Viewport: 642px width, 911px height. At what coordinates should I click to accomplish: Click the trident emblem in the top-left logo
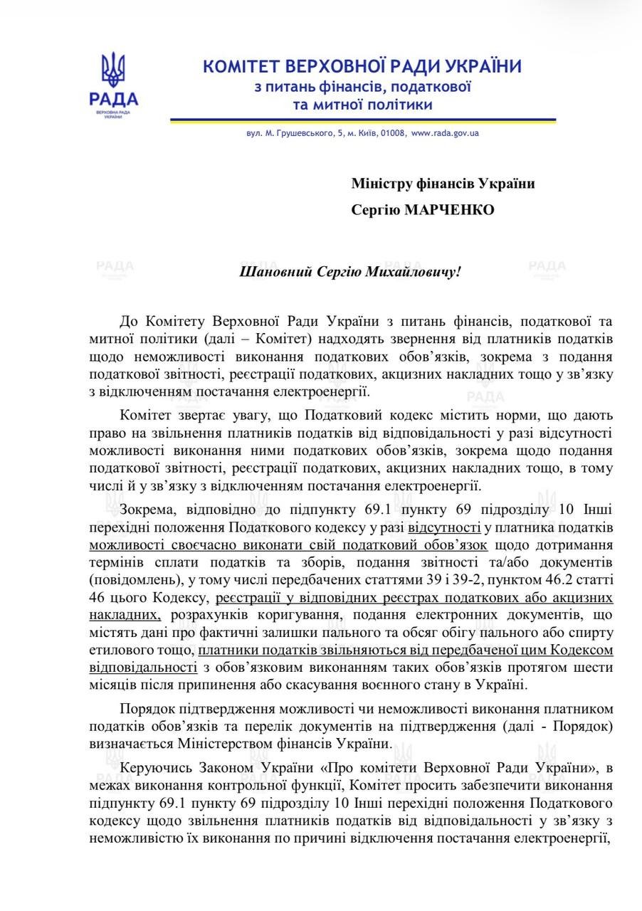click(113, 70)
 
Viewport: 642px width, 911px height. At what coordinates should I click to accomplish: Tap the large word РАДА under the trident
click(114, 99)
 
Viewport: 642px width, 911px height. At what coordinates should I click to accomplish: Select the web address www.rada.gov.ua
click(445, 133)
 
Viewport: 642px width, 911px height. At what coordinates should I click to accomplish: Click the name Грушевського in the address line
click(285, 133)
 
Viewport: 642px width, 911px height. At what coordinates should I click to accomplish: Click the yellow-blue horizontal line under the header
click(362, 120)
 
